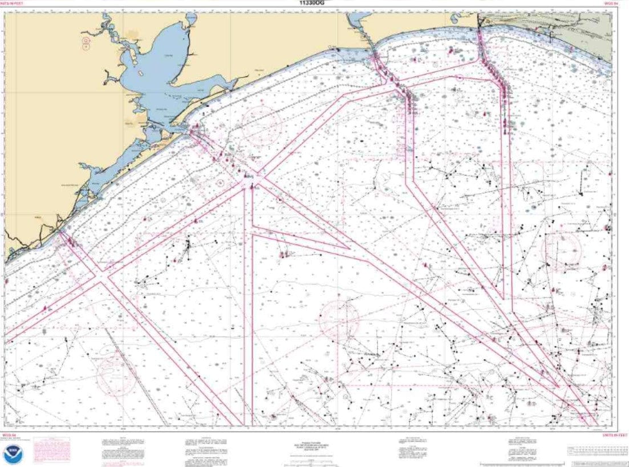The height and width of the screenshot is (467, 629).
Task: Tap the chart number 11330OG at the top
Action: click(x=311, y=3)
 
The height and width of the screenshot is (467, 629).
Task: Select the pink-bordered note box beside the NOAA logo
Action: click(x=51, y=450)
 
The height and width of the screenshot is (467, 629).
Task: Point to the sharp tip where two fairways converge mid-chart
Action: click(x=349, y=249)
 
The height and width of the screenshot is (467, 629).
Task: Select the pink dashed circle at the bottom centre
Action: click(x=339, y=319)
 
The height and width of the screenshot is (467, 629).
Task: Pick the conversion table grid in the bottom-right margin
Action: click(x=596, y=451)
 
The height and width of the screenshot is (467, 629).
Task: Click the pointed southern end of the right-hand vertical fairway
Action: click(x=502, y=298)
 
